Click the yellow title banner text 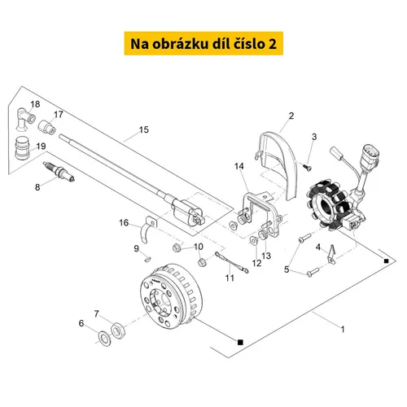[203, 44]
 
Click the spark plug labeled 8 [59, 171]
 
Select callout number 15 [144, 129]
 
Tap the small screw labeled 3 [307, 168]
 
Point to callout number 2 [291, 116]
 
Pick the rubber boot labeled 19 [22, 148]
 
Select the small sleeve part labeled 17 [47, 127]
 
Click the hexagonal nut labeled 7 [118, 330]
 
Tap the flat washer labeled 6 [104, 339]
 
